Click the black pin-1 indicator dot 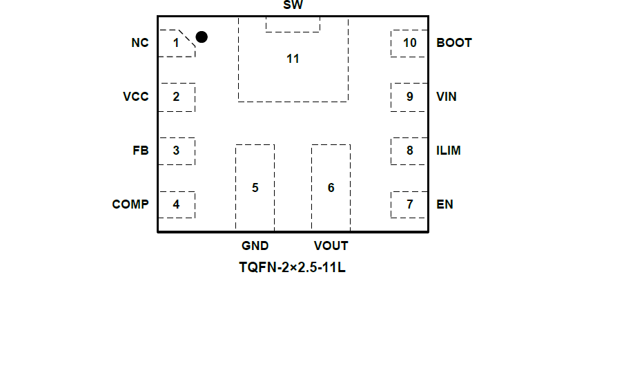point(202,37)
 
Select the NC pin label point(139,43)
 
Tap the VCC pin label point(135,97)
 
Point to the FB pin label point(140,151)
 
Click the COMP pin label point(130,204)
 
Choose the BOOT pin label point(454,43)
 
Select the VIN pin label point(447,97)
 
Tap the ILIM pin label point(449,151)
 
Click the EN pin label point(445,204)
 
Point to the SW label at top point(293,6)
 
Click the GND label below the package point(255,246)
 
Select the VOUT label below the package point(331,246)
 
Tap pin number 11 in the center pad point(293,59)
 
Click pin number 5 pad point(255,188)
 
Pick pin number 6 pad point(331,188)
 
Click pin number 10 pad point(409,43)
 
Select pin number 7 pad point(409,204)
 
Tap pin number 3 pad point(176,151)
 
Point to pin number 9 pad point(409,97)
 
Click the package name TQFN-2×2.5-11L point(292,267)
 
